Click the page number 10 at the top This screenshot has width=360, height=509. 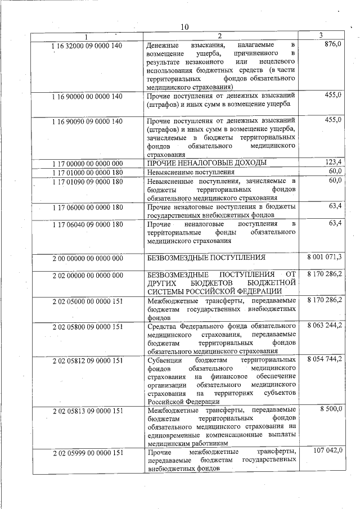[184, 26]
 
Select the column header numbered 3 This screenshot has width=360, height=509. [320, 36]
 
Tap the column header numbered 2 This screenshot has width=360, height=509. [220, 37]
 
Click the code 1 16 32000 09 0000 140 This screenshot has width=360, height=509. [87, 44]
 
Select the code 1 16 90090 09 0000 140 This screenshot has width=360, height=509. [87, 120]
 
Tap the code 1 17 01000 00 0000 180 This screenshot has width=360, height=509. [87, 172]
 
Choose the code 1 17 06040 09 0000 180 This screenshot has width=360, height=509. [87, 224]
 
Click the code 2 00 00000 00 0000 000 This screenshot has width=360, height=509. [87, 258]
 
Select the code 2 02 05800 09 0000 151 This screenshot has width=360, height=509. [87, 326]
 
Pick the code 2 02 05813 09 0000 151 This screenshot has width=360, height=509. [87, 411]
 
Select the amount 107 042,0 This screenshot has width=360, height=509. [328, 452]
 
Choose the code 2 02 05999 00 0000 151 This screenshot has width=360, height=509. [87, 453]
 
